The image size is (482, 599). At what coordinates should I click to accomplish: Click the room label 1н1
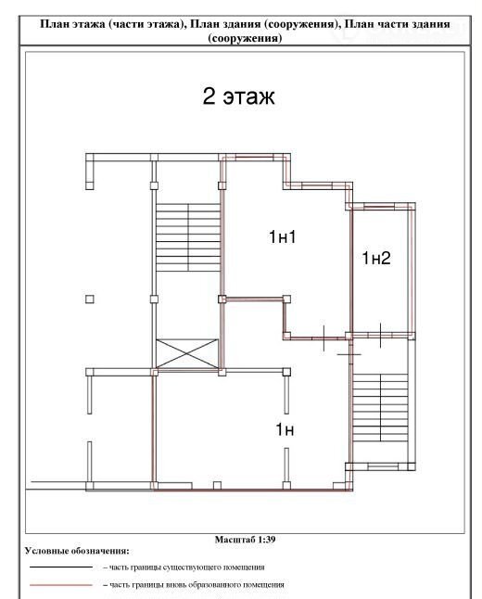[283, 236]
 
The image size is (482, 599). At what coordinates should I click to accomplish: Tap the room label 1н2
[376, 259]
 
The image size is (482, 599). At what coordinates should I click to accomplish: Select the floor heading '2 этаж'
[238, 96]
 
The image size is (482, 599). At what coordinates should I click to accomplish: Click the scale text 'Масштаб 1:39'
[245, 540]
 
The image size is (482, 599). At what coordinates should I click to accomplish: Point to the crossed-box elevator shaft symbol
[187, 354]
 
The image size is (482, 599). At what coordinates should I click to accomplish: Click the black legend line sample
[61, 567]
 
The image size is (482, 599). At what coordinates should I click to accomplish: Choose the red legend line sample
[61, 585]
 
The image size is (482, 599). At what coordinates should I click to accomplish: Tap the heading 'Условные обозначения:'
[77, 551]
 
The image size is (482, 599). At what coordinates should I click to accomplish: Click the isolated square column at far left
[89, 299]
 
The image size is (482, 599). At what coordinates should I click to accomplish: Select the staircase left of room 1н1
[188, 237]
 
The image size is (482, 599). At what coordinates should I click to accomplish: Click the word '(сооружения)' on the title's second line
[245, 39]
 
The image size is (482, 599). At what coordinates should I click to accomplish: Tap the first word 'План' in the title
[51, 24]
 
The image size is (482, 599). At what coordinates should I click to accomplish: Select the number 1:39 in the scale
[266, 540]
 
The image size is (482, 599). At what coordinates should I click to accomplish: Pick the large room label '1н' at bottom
[285, 429]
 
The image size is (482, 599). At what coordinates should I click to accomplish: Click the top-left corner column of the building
[89, 158]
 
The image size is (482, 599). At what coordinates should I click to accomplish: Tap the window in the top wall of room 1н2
[379, 206]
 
